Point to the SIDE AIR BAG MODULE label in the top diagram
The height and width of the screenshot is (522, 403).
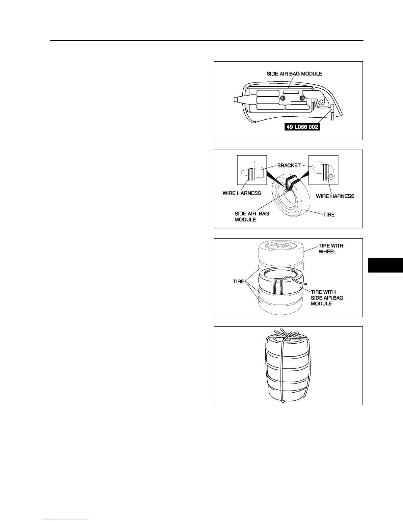click(294, 74)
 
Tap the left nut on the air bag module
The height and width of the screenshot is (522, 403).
click(283, 98)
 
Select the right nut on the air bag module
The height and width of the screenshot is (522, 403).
click(302, 98)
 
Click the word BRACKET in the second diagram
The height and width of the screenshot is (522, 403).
click(289, 165)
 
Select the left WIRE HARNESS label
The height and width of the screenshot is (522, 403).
click(241, 193)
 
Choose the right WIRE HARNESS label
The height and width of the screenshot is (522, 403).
click(335, 196)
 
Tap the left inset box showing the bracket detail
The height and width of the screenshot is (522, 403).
click(252, 170)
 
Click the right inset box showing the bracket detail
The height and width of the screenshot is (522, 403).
click(323, 170)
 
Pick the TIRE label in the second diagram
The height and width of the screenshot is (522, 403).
click(329, 215)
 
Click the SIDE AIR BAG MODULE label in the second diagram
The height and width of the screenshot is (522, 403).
click(252, 217)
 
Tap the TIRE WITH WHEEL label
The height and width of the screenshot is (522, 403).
click(331, 248)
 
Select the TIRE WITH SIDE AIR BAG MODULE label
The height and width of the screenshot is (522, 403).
click(327, 298)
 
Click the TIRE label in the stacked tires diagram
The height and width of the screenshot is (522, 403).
click(238, 282)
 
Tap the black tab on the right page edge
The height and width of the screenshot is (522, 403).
click(385, 265)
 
